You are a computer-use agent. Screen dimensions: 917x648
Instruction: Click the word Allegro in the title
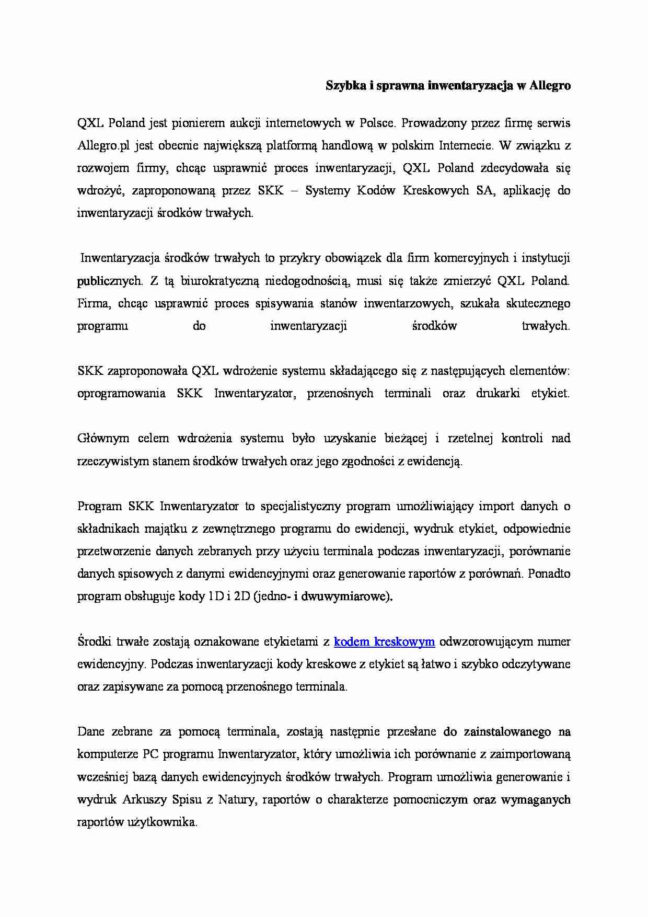550,86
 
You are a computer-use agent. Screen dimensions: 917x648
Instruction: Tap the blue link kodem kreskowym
384,641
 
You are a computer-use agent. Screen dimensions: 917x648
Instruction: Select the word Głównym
103,439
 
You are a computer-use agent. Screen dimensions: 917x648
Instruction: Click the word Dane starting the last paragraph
90,732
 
